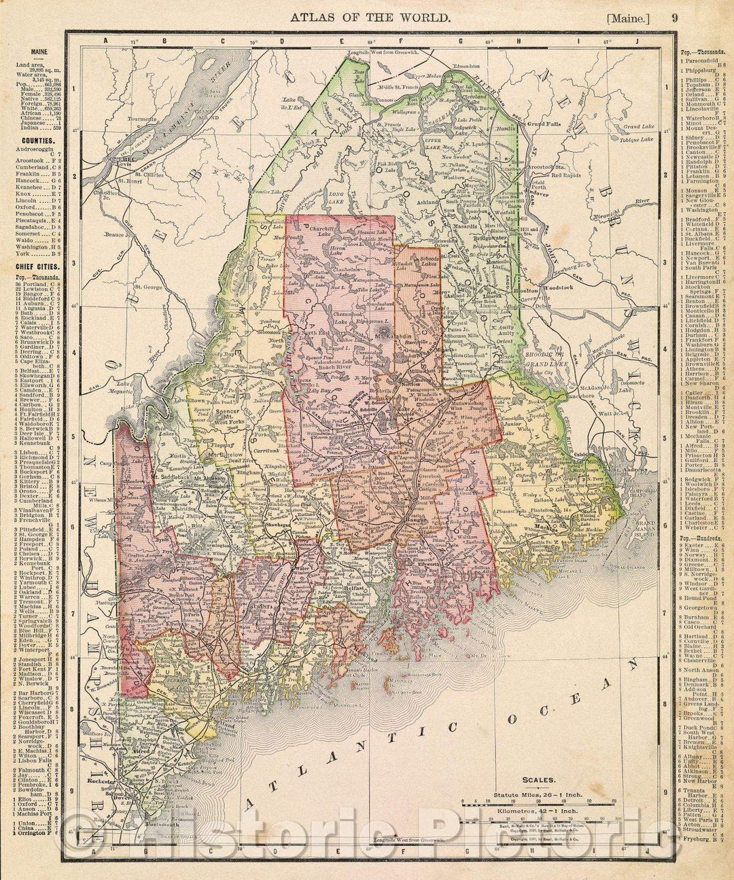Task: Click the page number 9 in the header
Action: pos(675,18)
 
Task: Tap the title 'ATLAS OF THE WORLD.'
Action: pos(370,18)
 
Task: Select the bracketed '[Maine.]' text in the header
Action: pos(629,18)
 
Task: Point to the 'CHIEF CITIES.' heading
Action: pos(36,266)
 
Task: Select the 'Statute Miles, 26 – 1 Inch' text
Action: pos(534,794)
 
